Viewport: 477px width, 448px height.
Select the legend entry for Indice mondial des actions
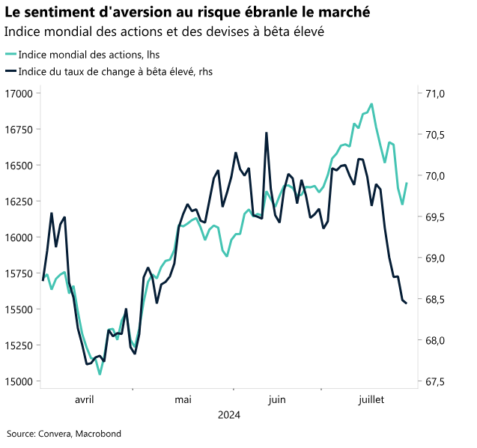(88, 54)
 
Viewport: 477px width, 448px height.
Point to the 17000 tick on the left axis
(19, 94)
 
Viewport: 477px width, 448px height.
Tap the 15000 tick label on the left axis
(19, 381)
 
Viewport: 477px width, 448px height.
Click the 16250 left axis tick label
(19, 202)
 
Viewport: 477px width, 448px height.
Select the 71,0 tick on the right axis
(435, 94)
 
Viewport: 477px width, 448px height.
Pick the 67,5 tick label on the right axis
(435, 381)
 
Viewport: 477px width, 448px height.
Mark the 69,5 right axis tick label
(435, 217)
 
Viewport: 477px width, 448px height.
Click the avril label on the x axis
(85, 399)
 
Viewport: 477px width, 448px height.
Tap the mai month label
(183, 399)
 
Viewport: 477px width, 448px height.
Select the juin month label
(276, 399)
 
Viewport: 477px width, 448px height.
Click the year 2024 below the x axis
(229, 414)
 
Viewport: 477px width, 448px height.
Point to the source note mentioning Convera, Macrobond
(64, 433)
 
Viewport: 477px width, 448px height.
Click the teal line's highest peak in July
(371, 104)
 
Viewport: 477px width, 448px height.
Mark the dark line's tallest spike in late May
(267, 133)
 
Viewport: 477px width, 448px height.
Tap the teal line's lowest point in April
(100, 374)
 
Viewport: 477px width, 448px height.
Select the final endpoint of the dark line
(406, 303)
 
